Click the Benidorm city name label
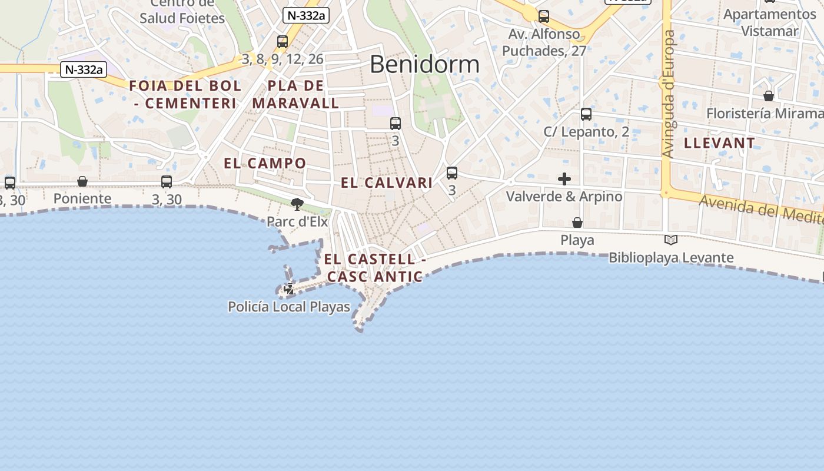coord(424,64)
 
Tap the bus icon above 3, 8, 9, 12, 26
coord(283,42)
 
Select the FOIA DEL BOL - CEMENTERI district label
coord(185,94)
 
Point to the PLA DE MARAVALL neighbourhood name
coord(295,94)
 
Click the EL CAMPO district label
coord(265,163)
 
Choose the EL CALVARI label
coord(387,183)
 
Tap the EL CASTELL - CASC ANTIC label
coord(375,267)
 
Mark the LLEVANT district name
coord(719,142)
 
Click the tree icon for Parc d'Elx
coord(297,204)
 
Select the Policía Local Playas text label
coord(289,307)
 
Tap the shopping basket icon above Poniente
coord(82,181)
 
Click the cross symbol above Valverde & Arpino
coord(564,178)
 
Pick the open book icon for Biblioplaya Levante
coord(671,240)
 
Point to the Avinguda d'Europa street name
coord(668,94)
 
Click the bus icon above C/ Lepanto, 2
coord(586,114)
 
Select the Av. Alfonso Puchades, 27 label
coord(544,42)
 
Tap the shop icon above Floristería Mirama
coord(769,95)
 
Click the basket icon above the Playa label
coord(577,223)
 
